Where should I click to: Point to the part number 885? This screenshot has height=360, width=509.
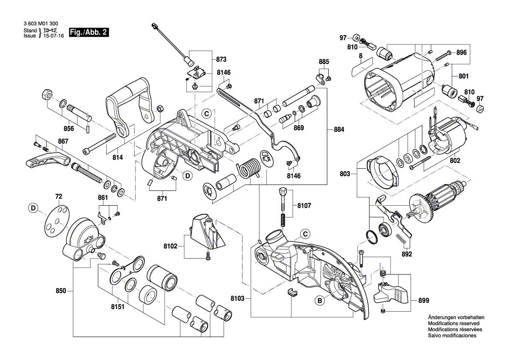click(324, 62)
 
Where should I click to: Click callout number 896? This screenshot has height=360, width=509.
click(462, 53)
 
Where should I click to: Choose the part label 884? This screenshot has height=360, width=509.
click(339, 130)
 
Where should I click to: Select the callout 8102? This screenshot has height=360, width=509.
click(170, 246)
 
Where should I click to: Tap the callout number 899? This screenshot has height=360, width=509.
click(423, 300)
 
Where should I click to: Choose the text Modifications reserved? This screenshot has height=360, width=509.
click(453, 324)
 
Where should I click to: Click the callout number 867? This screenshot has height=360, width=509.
click(63, 141)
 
